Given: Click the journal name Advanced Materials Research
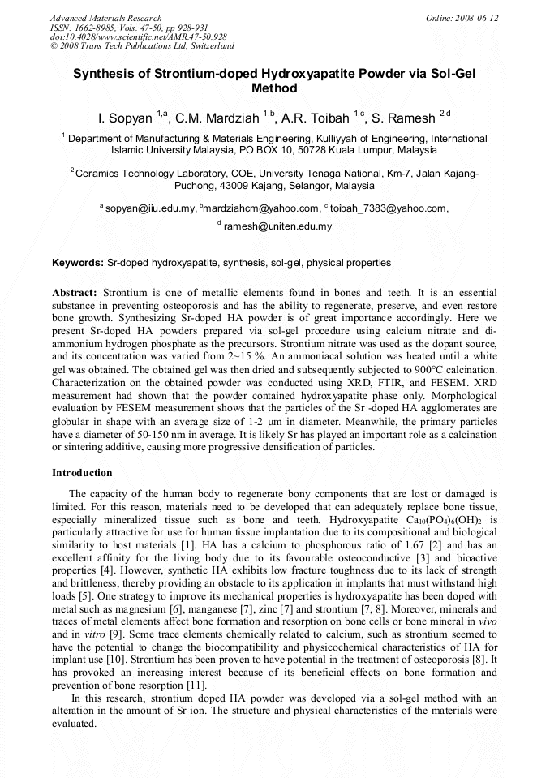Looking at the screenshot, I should coord(105,18).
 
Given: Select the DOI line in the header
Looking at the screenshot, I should coord(138,37).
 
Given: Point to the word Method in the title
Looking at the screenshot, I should coord(274,88).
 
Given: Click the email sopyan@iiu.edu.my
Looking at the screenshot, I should coord(150,208).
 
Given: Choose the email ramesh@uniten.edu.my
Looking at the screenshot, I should coord(277,226).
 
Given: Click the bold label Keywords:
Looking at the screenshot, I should coord(78,263).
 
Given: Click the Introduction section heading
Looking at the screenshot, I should coord(82,473).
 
